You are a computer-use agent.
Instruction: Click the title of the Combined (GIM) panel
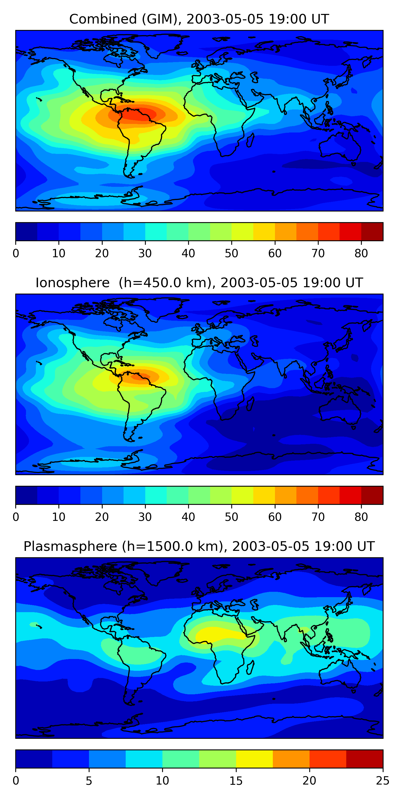point(199,19)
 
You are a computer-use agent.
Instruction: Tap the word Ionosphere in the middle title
point(72,283)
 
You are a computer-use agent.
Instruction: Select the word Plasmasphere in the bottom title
point(70,547)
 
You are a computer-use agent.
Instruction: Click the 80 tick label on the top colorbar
point(361,253)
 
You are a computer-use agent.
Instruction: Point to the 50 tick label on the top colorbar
point(232,253)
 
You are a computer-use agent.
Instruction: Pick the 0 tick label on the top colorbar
point(16,253)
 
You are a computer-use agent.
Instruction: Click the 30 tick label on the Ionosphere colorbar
point(145,517)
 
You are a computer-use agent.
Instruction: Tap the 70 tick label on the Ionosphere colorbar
point(318,517)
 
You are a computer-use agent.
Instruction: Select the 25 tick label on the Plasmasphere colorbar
point(383,781)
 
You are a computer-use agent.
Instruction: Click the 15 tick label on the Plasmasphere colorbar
point(236,781)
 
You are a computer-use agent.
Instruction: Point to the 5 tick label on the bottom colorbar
point(89,781)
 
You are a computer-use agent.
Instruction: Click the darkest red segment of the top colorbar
point(372,232)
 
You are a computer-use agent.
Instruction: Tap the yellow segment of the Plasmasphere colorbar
point(254,759)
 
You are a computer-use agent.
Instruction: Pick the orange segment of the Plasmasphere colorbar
point(291,759)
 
